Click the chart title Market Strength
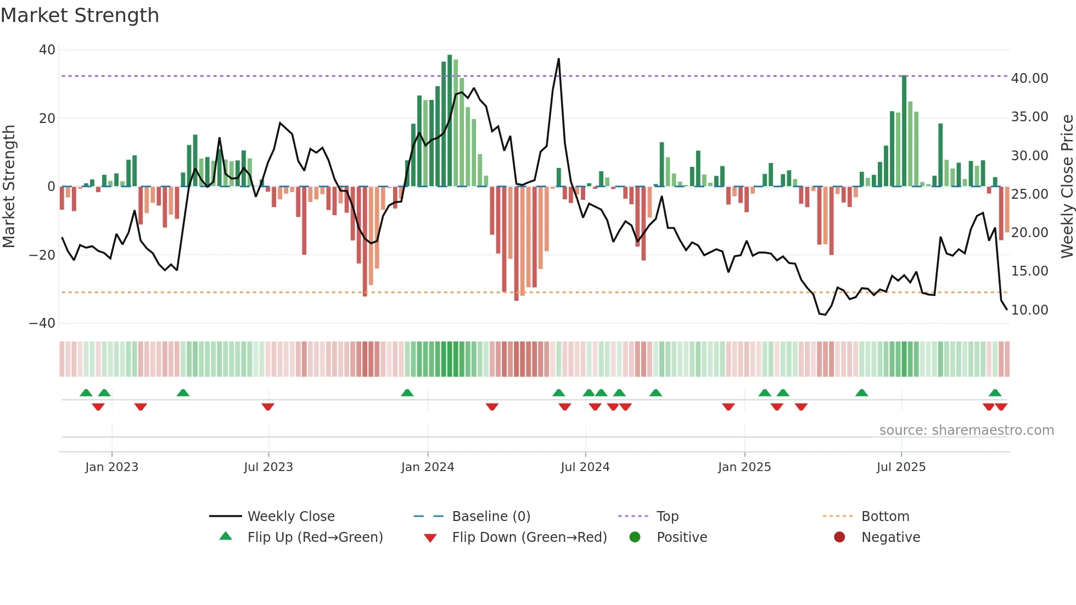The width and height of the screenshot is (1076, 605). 80,15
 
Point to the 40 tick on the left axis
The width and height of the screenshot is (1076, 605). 47,50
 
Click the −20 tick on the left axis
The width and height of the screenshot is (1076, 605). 42,255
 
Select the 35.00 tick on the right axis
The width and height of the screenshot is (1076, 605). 1029,117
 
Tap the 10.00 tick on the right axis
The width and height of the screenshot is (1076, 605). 1029,310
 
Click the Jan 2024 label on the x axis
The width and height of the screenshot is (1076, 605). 428,467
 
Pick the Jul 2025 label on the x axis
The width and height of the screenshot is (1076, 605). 901,467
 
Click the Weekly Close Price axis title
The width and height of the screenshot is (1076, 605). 1067,187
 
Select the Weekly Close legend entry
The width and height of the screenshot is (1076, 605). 290,517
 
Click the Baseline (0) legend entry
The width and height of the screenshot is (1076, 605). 491,517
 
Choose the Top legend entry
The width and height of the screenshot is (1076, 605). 667,517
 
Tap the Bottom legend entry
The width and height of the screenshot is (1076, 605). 885,517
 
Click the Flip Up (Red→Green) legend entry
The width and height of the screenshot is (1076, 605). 315,537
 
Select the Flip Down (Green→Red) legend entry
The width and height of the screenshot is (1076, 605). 529,537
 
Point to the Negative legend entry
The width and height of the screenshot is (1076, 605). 890,537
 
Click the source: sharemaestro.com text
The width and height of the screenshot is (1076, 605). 966,430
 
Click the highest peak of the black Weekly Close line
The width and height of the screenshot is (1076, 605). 559,59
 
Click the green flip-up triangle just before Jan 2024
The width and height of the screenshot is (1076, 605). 407,393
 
